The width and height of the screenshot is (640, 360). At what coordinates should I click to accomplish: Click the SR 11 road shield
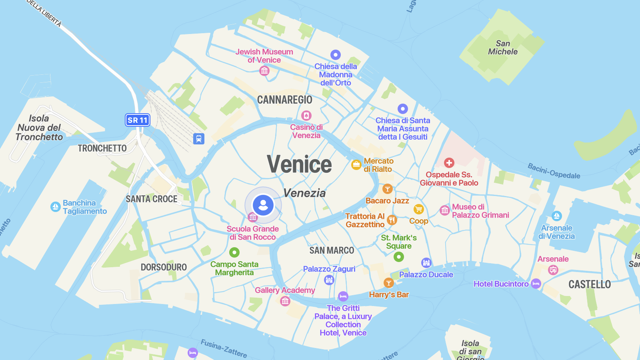tap(138, 120)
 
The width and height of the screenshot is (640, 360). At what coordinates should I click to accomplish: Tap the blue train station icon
tap(199, 139)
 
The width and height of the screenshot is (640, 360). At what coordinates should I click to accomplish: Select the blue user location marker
tap(263, 205)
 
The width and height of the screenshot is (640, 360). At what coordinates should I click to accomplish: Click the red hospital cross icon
tap(449, 163)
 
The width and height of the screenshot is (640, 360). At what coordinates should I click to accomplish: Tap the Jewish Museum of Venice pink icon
tap(264, 71)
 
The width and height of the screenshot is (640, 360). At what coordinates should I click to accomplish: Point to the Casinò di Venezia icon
tap(306, 116)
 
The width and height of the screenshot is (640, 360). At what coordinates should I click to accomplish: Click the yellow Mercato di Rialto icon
tap(356, 164)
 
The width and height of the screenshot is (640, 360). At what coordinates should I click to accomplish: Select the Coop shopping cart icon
tap(418, 209)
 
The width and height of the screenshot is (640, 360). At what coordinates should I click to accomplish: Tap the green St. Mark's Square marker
tap(399, 257)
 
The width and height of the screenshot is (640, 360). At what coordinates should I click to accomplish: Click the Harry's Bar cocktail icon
tap(389, 283)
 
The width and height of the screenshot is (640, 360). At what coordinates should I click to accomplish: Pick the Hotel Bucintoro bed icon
tap(536, 284)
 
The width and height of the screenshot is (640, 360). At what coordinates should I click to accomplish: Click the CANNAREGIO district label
tap(284, 100)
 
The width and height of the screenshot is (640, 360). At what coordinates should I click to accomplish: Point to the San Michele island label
tap(503, 48)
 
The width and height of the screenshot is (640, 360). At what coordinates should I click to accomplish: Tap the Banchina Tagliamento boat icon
tap(56, 207)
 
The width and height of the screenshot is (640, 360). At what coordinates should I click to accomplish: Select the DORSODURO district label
tap(164, 267)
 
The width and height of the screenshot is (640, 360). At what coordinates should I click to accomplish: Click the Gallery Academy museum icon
tap(285, 301)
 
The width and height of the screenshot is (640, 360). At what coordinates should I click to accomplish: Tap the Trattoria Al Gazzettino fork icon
tap(392, 220)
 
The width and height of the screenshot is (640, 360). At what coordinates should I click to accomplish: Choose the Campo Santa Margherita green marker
tap(234, 252)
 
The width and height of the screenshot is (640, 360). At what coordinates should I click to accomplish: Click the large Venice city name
tap(299, 164)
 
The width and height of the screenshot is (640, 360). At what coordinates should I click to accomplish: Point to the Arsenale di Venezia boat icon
tap(556, 216)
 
